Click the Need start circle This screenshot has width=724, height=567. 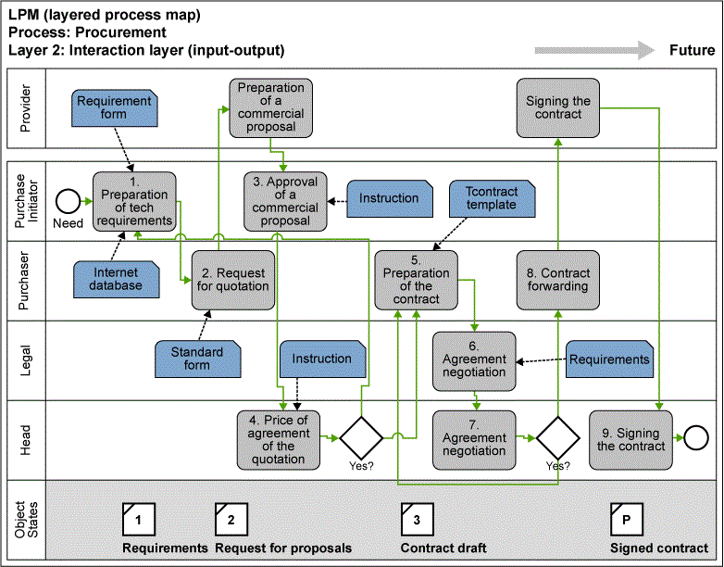pos(67,200)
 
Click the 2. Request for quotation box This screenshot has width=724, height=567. pos(232,279)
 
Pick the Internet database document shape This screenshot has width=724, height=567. pos(117,279)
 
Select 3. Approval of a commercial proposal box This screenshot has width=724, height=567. pos(285,201)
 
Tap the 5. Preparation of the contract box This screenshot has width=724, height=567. pos(416,280)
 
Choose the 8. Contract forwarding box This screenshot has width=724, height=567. pos(558,280)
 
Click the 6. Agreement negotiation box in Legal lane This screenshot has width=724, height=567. pos(474,359)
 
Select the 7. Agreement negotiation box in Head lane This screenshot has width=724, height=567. pos(474,438)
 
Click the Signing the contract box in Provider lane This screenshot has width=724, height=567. pos(558,107)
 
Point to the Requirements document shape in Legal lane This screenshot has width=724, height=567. pos(608,359)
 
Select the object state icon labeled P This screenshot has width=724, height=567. pos(626,521)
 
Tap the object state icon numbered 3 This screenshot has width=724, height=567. pos(417,521)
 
